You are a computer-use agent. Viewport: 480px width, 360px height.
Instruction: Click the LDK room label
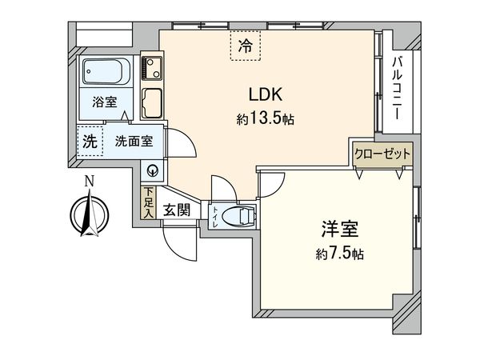coord(265,94)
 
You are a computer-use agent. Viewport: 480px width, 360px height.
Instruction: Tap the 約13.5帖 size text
coord(265,118)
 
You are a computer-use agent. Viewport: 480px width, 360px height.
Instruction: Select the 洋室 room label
coord(340,229)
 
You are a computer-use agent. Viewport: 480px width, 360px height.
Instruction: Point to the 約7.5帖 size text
coord(340,254)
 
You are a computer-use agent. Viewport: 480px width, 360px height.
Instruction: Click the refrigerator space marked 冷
coord(246,46)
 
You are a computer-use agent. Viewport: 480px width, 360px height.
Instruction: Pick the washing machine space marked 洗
coord(90,141)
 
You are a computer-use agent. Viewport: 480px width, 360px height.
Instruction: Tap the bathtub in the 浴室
coord(105,72)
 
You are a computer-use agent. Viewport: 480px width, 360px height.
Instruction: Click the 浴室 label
coord(105,102)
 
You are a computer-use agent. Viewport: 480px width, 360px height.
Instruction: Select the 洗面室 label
coord(134,141)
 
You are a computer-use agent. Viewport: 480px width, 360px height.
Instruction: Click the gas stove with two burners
coord(152,69)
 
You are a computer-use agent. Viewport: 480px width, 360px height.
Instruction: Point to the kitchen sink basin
coord(153,103)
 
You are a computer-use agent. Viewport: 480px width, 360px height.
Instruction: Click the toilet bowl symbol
coord(238,216)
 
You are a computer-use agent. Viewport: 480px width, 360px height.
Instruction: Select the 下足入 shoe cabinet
coord(149,202)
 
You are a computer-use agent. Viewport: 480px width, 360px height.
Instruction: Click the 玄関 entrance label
coord(177,210)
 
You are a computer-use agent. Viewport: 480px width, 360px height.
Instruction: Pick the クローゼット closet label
coord(382,154)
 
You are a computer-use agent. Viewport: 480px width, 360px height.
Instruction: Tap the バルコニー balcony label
coord(397,87)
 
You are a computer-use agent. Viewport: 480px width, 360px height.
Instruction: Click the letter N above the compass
coord(89,182)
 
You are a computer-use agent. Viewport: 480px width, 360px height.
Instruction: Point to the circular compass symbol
coord(90,214)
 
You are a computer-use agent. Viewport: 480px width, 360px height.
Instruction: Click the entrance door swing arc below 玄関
coord(180,244)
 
